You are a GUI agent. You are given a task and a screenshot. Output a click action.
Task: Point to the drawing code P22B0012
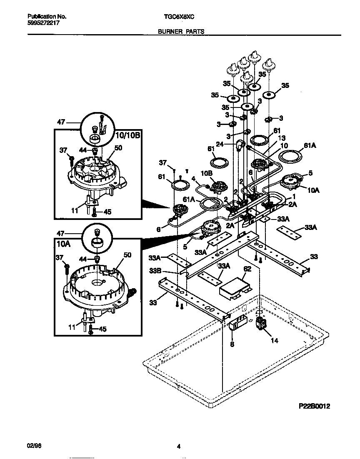pyautogui.click(x=314, y=406)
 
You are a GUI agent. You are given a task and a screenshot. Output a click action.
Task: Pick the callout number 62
pyautogui.click(x=247, y=269)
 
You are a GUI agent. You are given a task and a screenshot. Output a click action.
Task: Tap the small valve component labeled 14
pyautogui.click(x=261, y=324)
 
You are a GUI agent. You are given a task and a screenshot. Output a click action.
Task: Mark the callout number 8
pyautogui.click(x=232, y=344)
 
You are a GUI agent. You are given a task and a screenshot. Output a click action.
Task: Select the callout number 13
pyautogui.click(x=282, y=138)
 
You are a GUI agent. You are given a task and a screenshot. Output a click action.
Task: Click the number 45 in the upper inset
pyautogui.click(x=107, y=212)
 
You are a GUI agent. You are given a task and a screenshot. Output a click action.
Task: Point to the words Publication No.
pyautogui.click(x=47, y=17)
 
